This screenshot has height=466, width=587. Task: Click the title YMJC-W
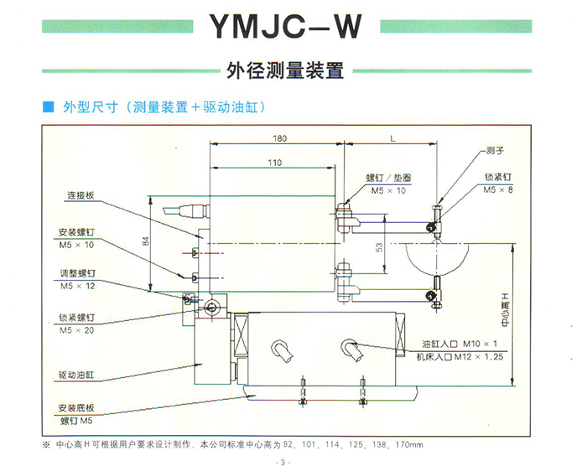284,27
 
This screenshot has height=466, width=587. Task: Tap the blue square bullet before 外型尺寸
47,108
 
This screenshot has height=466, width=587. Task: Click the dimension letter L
392,137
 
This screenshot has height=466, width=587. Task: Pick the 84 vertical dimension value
144,241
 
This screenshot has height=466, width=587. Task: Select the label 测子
495,152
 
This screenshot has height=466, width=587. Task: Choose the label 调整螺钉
77,274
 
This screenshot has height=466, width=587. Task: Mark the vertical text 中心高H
504,308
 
